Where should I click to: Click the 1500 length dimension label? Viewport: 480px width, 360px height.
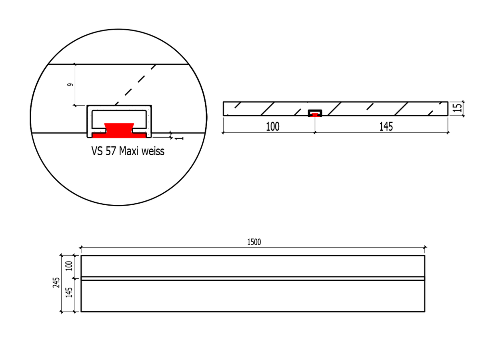[x=254, y=242]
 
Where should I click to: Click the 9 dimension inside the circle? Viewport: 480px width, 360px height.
[x=70, y=85]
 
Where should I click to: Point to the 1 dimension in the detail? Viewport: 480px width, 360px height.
[x=178, y=137]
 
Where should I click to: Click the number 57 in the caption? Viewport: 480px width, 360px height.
[x=111, y=152]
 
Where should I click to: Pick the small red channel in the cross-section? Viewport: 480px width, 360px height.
[x=315, y=115]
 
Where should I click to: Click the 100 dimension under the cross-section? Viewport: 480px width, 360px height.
[x=273, y=127]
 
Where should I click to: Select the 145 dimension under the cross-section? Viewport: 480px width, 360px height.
[x=386, y=127]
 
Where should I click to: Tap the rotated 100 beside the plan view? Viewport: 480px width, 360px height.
[x=69, y=266]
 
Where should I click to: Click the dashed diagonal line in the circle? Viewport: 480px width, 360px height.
[x=136, y=85]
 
